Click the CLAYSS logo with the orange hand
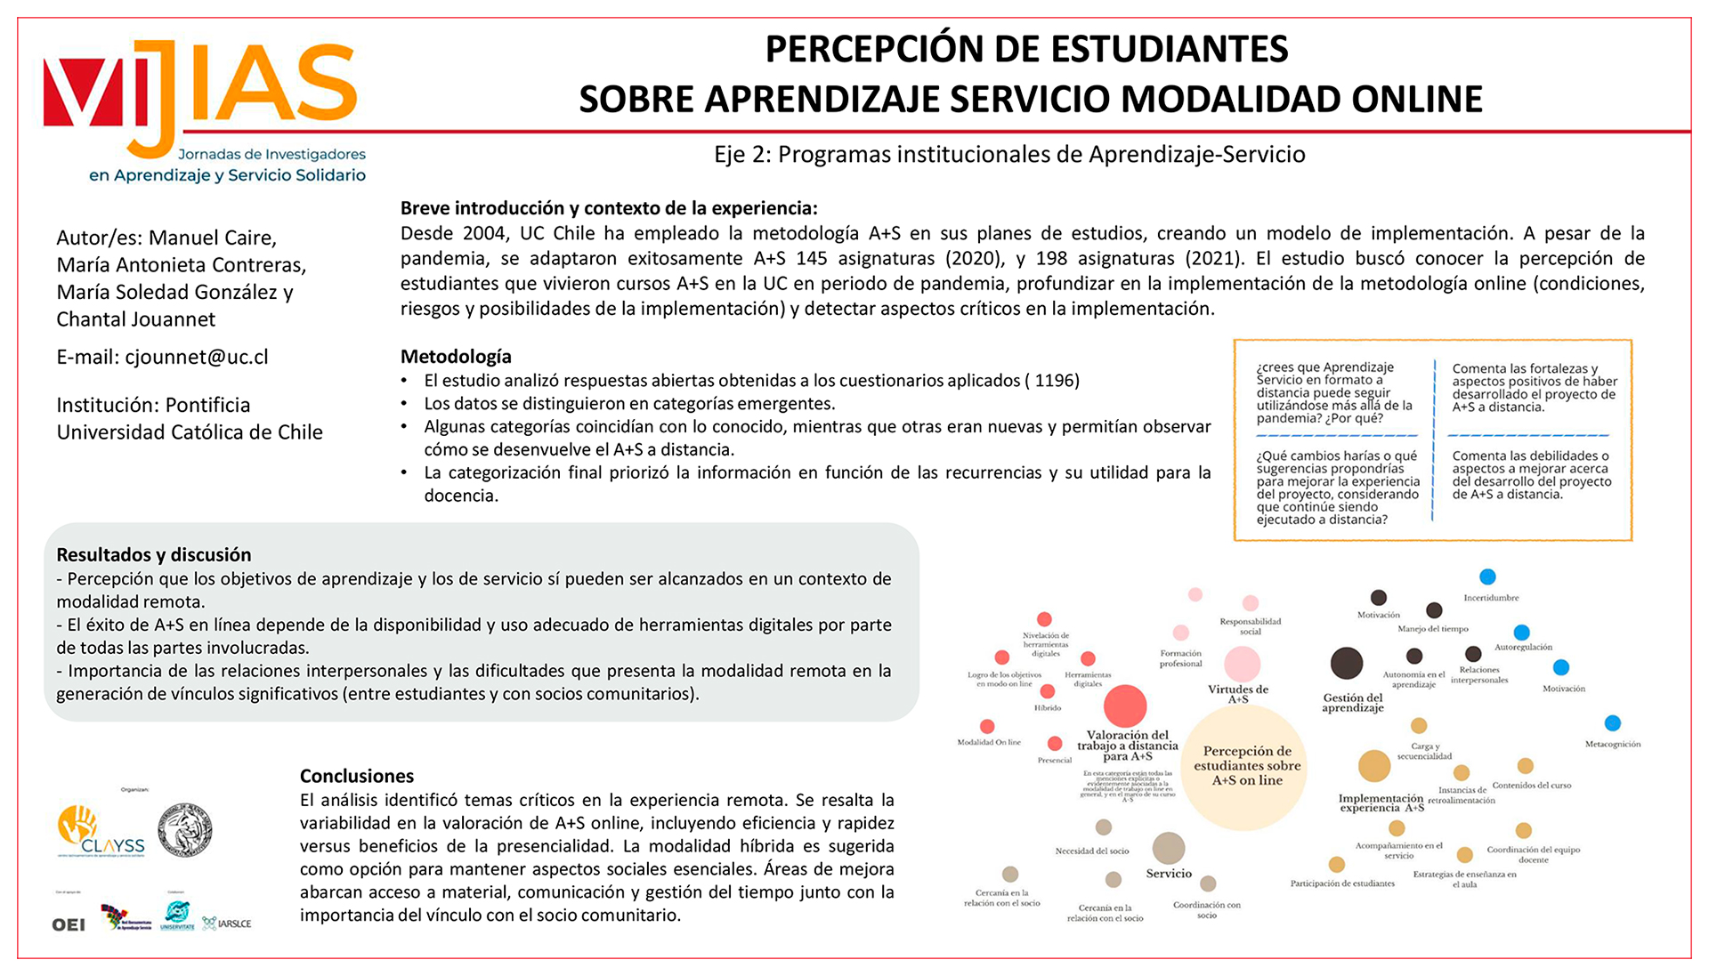tap(100, 830)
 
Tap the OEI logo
tap(69, 924)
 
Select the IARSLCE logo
tap(228, 924)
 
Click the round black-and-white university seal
tap(185, 830)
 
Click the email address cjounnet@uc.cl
tap(196, 357)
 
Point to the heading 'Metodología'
tap(456, 357)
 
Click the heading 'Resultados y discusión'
tap(154, 555)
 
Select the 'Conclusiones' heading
tap(357, 776)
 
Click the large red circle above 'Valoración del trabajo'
tap(1125, 706)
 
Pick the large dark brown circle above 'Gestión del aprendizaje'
tap(1346, 664)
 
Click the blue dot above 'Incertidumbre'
tap(1487, 577)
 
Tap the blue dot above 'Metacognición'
tap(1612, 723)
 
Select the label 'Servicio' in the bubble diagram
tap(1169, 874)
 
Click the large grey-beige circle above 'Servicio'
tap(1169, 848)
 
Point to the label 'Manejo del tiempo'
tap(1432, 629)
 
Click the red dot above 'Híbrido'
tap(1048, 691)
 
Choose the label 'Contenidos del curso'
tap(1531, 786)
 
